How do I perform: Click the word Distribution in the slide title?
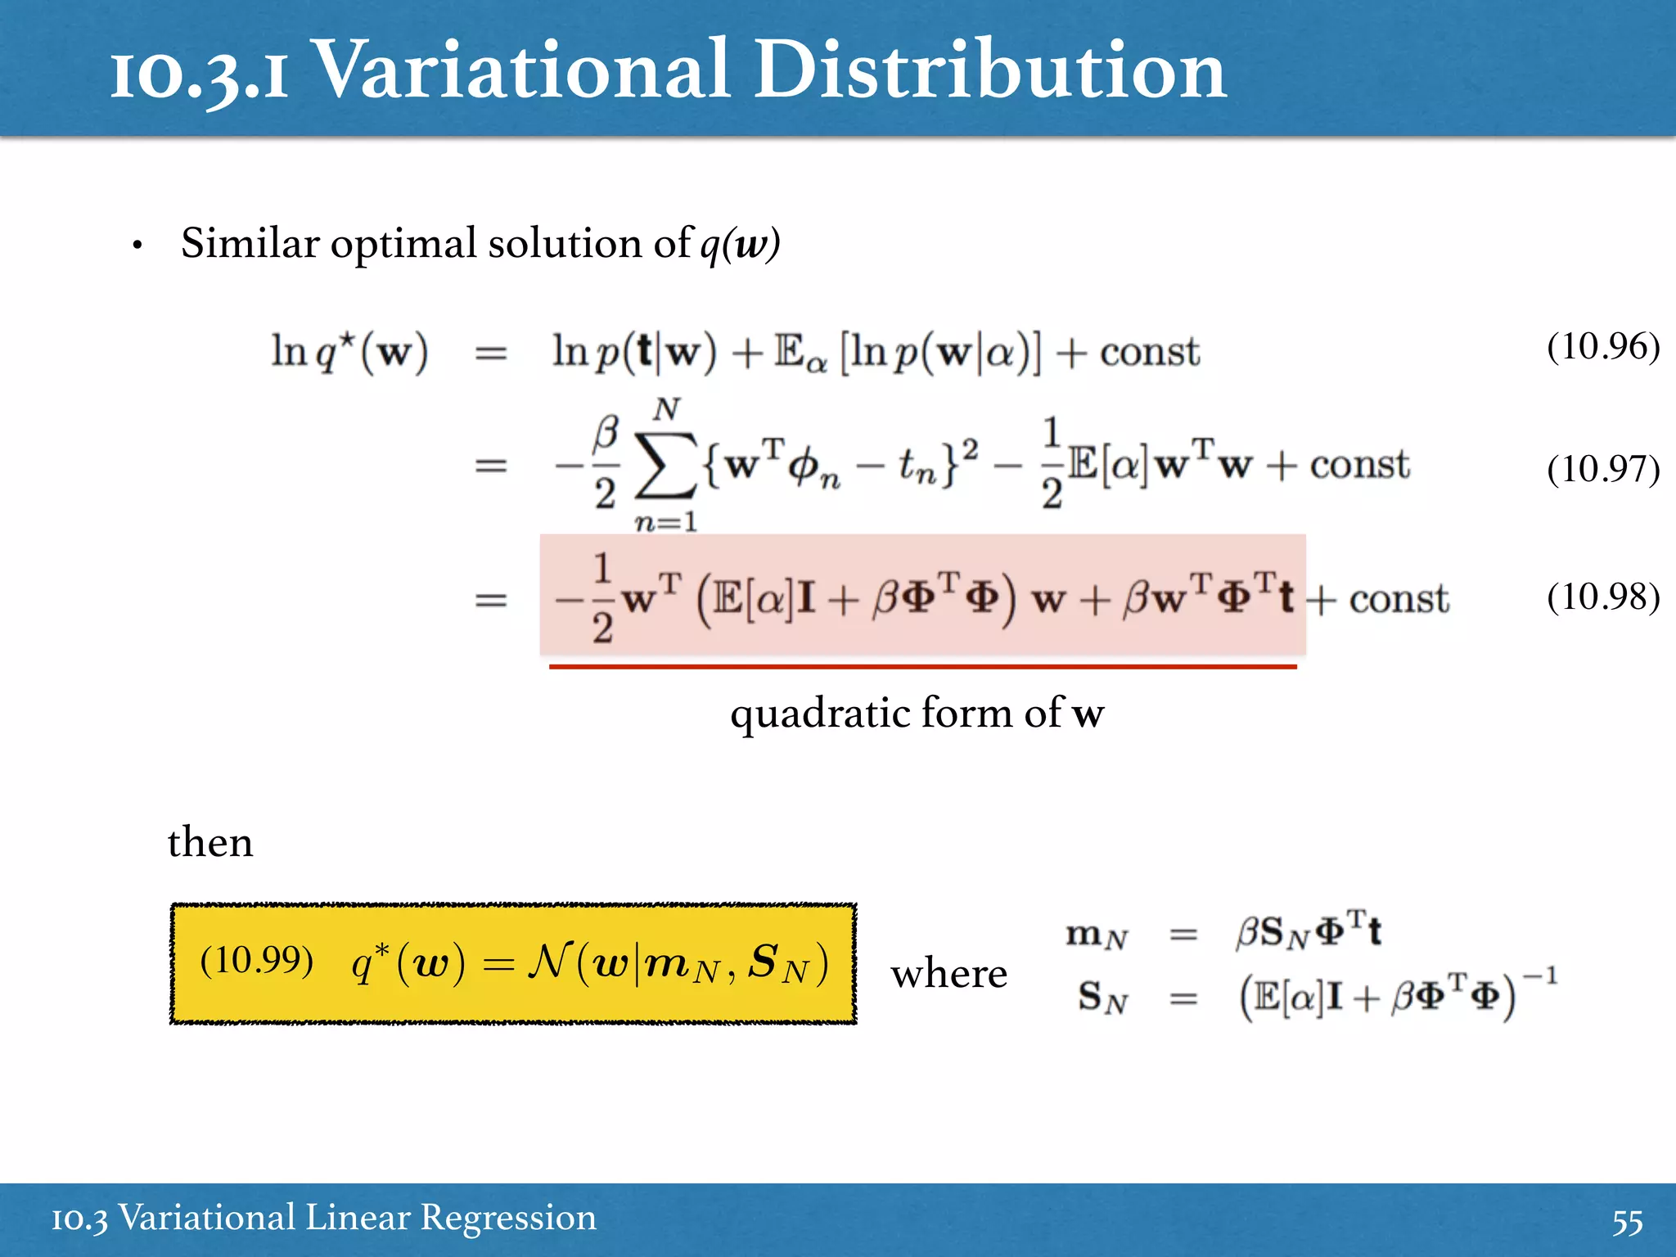point(990,72)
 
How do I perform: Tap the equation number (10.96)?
point(1602,346)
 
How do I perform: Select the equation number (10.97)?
point(1602,469)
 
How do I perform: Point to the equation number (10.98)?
point(1602,597)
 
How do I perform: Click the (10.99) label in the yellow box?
point(256,960)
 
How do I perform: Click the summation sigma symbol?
point(666,466)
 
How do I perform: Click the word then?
point(210,842)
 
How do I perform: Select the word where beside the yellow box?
point(949,974)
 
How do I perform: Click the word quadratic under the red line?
point(821,714)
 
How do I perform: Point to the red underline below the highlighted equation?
point(922,667)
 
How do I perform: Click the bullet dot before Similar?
point(137,246)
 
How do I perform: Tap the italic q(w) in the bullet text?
point(740,244)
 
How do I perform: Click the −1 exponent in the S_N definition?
point(1539,977)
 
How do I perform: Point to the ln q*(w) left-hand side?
point(349,353)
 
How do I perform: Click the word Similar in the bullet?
point(250,244)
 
